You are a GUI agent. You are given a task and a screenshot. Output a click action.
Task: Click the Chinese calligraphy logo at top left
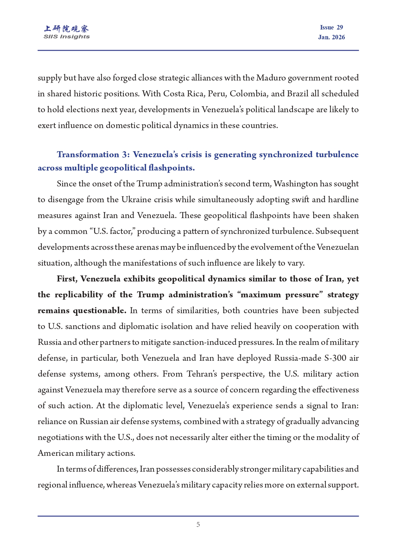click(67, 29)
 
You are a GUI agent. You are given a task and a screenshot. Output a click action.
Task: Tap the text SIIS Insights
click(67, 37)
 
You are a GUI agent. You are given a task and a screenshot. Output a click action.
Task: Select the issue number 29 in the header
click(340, 28)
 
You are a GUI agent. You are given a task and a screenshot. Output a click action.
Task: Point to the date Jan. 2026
click(331, 37)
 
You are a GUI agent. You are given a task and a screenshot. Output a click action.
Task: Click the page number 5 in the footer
click(198, 525)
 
